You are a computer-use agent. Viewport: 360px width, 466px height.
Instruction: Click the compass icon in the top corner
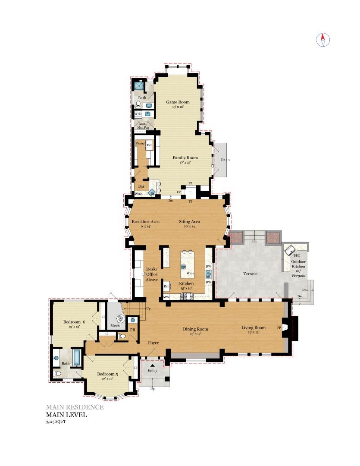(x=323, y=40)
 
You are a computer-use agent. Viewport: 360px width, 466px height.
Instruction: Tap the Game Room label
(x=178, y=102)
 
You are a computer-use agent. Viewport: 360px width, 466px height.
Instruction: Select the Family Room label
(x=185, y=158)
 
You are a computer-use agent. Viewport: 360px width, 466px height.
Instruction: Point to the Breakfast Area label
(x=146, y=222)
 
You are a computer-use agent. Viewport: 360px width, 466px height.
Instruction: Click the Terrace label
(x=250, y=274)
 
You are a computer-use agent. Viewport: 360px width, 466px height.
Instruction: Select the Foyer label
(x=153, y=343)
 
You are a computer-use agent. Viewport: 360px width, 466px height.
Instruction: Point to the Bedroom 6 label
(x=74, y=322)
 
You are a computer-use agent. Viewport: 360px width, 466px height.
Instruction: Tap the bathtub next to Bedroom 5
(x=76, y=357)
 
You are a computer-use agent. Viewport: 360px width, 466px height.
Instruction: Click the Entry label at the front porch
(x=152, y=371)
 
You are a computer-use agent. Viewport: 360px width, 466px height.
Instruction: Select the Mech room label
(x=115, y=326)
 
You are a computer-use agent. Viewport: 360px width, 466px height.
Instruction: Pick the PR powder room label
(x=132, y=329)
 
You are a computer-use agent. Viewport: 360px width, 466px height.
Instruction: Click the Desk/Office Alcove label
(x=152, y=274)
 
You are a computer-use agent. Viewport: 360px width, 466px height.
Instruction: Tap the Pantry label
(x=140, y=143)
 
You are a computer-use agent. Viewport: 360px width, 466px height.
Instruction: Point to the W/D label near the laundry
(x=138, y=114)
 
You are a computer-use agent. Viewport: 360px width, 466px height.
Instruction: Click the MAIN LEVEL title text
(x=66, y=415)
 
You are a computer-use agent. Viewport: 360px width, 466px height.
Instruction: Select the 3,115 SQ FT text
(x=56, y=422)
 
